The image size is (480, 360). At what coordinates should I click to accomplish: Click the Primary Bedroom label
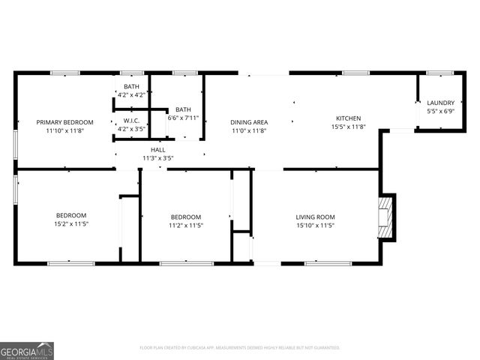(x=65, y=121)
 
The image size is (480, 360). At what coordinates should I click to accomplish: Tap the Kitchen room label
(x=348, y=118)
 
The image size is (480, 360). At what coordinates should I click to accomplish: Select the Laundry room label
(x=440, y=103)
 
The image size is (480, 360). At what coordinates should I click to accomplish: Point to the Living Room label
(x=315, y=217)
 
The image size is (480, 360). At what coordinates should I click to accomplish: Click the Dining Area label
(x=249, y=121)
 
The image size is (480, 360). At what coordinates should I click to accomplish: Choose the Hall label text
(x=158, y=150)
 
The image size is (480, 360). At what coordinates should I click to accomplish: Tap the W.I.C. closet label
(x=131, y=120)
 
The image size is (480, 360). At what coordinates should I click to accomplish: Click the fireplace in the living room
(x=385, y=217)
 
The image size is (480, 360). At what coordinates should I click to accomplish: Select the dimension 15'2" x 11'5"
(x=71, y=224)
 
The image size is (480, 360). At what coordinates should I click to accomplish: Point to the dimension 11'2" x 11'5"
(x=185, y=225)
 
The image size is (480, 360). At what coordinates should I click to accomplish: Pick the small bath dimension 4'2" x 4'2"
(x=131, y=95)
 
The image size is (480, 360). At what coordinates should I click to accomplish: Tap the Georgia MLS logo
(x=27, y=350)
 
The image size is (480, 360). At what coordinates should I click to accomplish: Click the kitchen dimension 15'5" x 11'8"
(x=348, y=127)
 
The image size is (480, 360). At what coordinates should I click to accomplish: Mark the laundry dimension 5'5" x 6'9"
(x=440, y=111)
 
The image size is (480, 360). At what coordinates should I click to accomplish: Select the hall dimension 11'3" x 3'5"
(x=158, y=158)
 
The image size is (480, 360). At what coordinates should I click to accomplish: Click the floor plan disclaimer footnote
(x=240, y=348)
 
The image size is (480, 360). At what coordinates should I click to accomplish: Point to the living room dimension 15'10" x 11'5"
(x=315, y=225)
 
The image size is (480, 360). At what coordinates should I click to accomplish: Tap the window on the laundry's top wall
(x=435, y=73)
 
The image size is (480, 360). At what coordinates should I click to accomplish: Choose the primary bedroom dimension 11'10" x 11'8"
(x=65, y=130)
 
